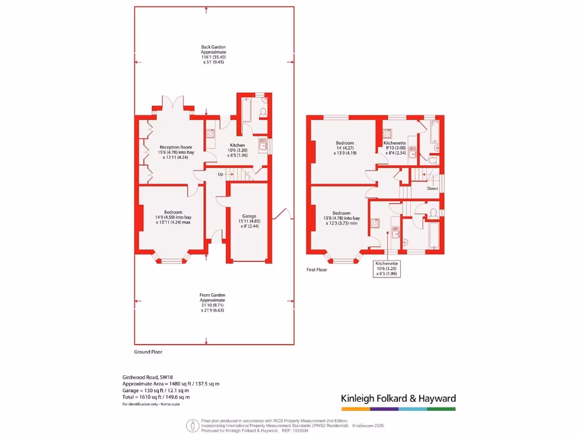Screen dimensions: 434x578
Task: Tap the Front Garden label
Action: (214, 302)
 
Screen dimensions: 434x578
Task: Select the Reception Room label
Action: (176, 151)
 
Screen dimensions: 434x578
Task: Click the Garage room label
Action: (249, 220)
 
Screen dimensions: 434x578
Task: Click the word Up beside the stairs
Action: (221, 174)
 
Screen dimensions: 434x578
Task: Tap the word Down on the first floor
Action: (432, 188)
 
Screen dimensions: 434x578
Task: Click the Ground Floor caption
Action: (148, 351)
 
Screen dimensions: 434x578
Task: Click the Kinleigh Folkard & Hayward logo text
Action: (398, 398)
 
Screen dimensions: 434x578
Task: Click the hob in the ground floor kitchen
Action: (210, 134)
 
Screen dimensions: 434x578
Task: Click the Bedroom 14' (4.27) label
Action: (345, 147)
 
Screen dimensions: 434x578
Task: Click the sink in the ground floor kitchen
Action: (262, 146)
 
